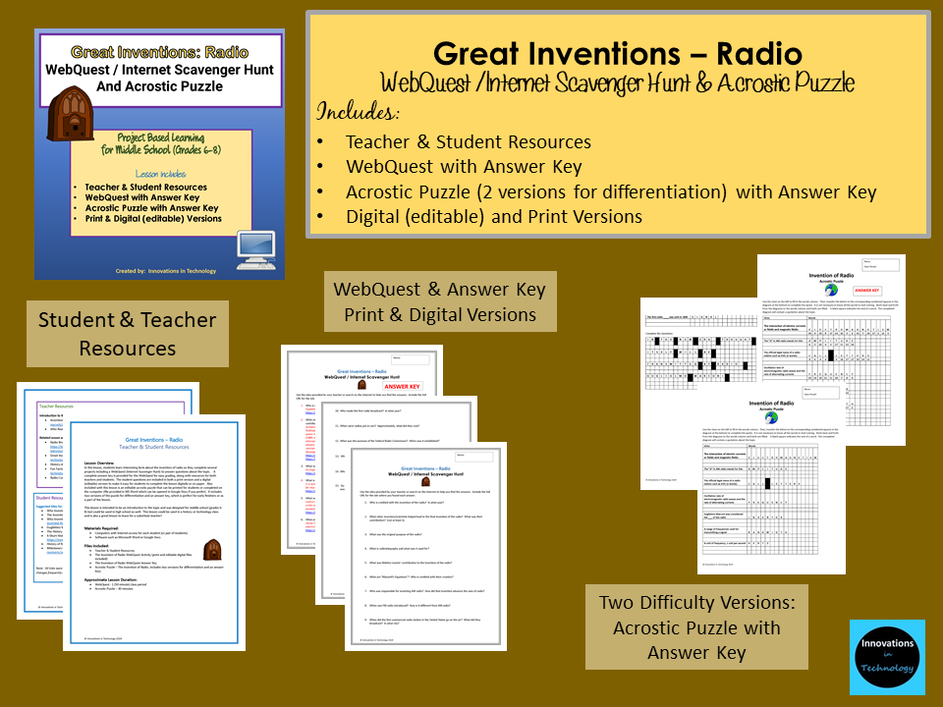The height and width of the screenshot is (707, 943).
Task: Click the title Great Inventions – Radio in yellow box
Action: (x=618, y=52)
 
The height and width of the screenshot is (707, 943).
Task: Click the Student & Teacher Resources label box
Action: (x=128, y=334)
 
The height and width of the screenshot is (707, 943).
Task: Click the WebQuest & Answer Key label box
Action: (x=440, y=301)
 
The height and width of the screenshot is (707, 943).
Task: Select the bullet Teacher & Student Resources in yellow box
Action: (x=468, y=141)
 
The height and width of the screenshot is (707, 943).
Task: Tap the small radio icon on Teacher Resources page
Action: (x=211, y=549)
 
